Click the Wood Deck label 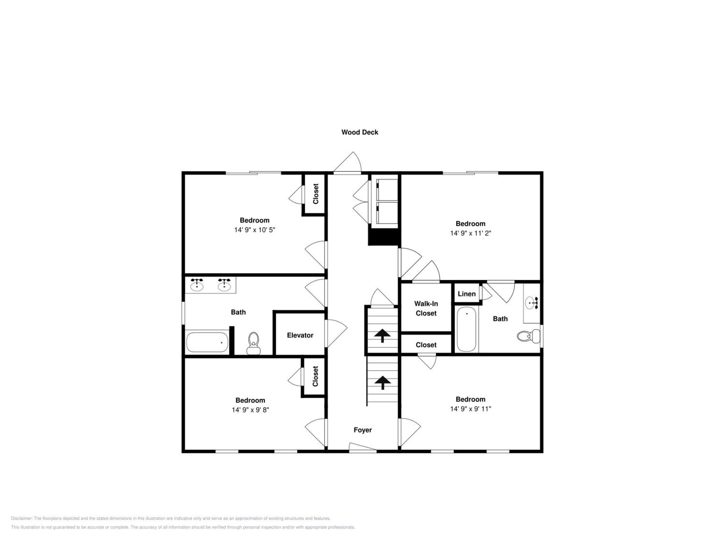[x=360, y=132]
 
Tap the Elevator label [x=300, y=335]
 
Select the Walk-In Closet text [x=426, y=309]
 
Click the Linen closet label [x=466, y=294]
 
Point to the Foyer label [x=362, y=430]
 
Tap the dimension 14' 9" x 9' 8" [x=250, y=410]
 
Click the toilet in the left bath [x=253, y=343]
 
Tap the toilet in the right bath [x=528, y=336]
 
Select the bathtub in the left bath [x=207, y=342]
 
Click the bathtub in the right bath [x=466, y=329]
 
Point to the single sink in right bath [x=531, y=303]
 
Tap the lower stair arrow [x=383, y=382]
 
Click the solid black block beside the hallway [x=384, y=237]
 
